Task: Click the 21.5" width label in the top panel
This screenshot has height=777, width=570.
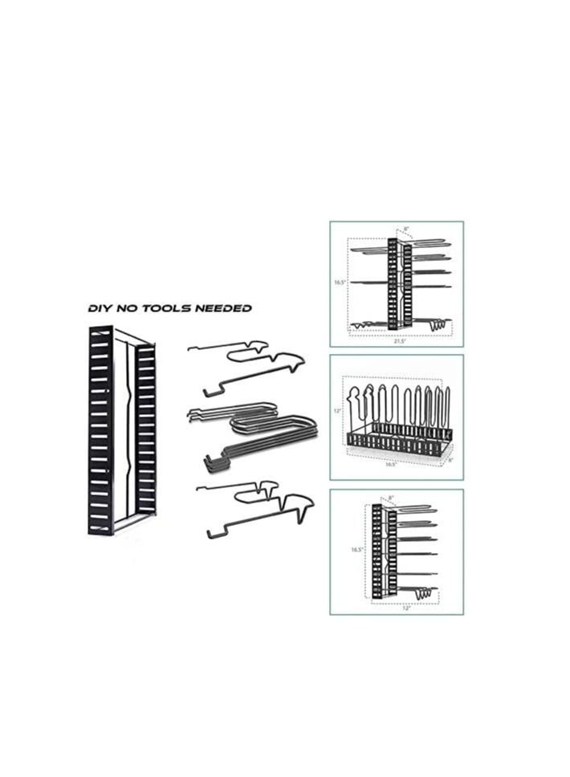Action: coord(399,341)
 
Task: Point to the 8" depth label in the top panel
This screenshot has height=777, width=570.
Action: coord(406,230)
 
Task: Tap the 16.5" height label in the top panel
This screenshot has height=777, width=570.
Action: coord(340,283)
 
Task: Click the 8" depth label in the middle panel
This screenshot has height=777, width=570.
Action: coord(450,460)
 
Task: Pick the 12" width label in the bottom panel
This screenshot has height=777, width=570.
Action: coord(407,608)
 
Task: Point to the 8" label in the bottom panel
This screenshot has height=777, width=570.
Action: coord(391,498)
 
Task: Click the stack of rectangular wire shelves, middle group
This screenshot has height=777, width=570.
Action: coord(257,437)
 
